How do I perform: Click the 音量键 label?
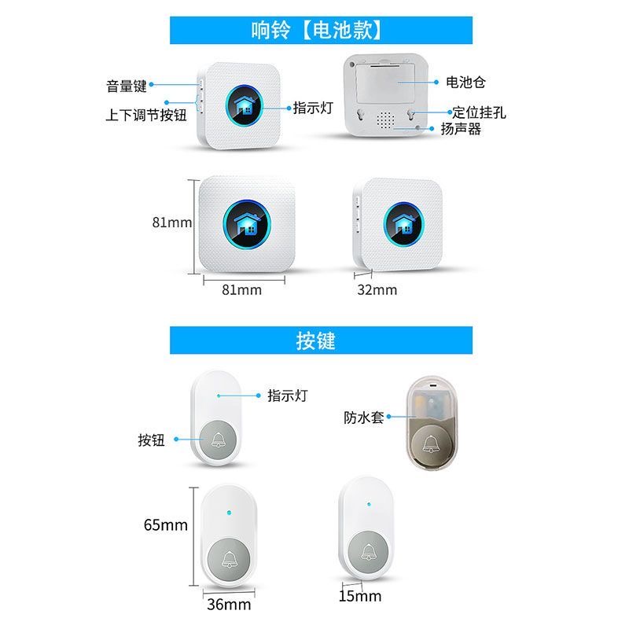127,86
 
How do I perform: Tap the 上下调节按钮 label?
146,115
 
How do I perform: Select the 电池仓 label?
465,83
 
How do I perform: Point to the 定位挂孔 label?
480,112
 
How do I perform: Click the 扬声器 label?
461,129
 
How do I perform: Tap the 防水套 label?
364,417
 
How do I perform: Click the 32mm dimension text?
377,289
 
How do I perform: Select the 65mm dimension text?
166,524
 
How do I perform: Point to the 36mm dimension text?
229,605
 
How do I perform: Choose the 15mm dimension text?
360,596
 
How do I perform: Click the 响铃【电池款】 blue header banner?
321,30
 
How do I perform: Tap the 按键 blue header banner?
321,340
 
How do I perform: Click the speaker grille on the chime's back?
385,120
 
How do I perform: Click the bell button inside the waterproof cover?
431,445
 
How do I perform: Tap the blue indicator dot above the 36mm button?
229,513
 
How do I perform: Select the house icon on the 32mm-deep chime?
403,223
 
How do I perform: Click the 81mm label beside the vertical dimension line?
171,223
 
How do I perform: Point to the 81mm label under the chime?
242,289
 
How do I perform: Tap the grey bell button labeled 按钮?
219,440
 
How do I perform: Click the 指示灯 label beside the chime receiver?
313,108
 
